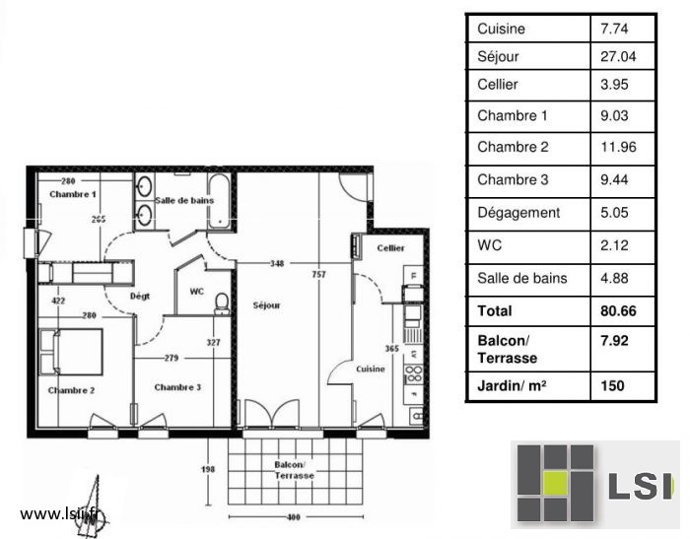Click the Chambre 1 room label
[73, 194]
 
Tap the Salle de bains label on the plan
[184, 200]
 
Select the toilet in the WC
[222, 303]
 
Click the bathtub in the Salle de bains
[218, 202]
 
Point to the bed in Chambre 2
[71, 352]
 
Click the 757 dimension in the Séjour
[319, 274]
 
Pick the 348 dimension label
[277, 263]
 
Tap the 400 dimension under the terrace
[294, 517]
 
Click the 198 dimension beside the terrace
[208, 469]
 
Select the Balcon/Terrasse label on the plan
[294, 470]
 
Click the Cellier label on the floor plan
[390, 248]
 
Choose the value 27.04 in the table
[618, 56]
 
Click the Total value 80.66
[618, 311]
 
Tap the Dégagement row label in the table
[518, 213]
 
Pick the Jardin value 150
[612, 386]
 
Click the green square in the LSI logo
[555, 483]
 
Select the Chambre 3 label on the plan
[177, 387]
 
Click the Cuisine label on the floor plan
[371, 369]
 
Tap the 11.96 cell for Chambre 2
[618, 147]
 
